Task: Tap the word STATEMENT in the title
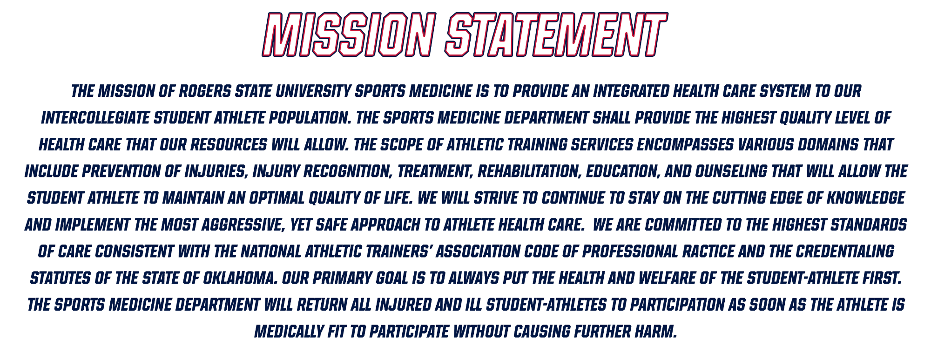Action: pos(556,34)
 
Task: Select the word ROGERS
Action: pos(205,91)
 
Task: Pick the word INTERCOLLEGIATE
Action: pos(95,118)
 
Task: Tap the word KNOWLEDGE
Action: pos(865,198)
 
